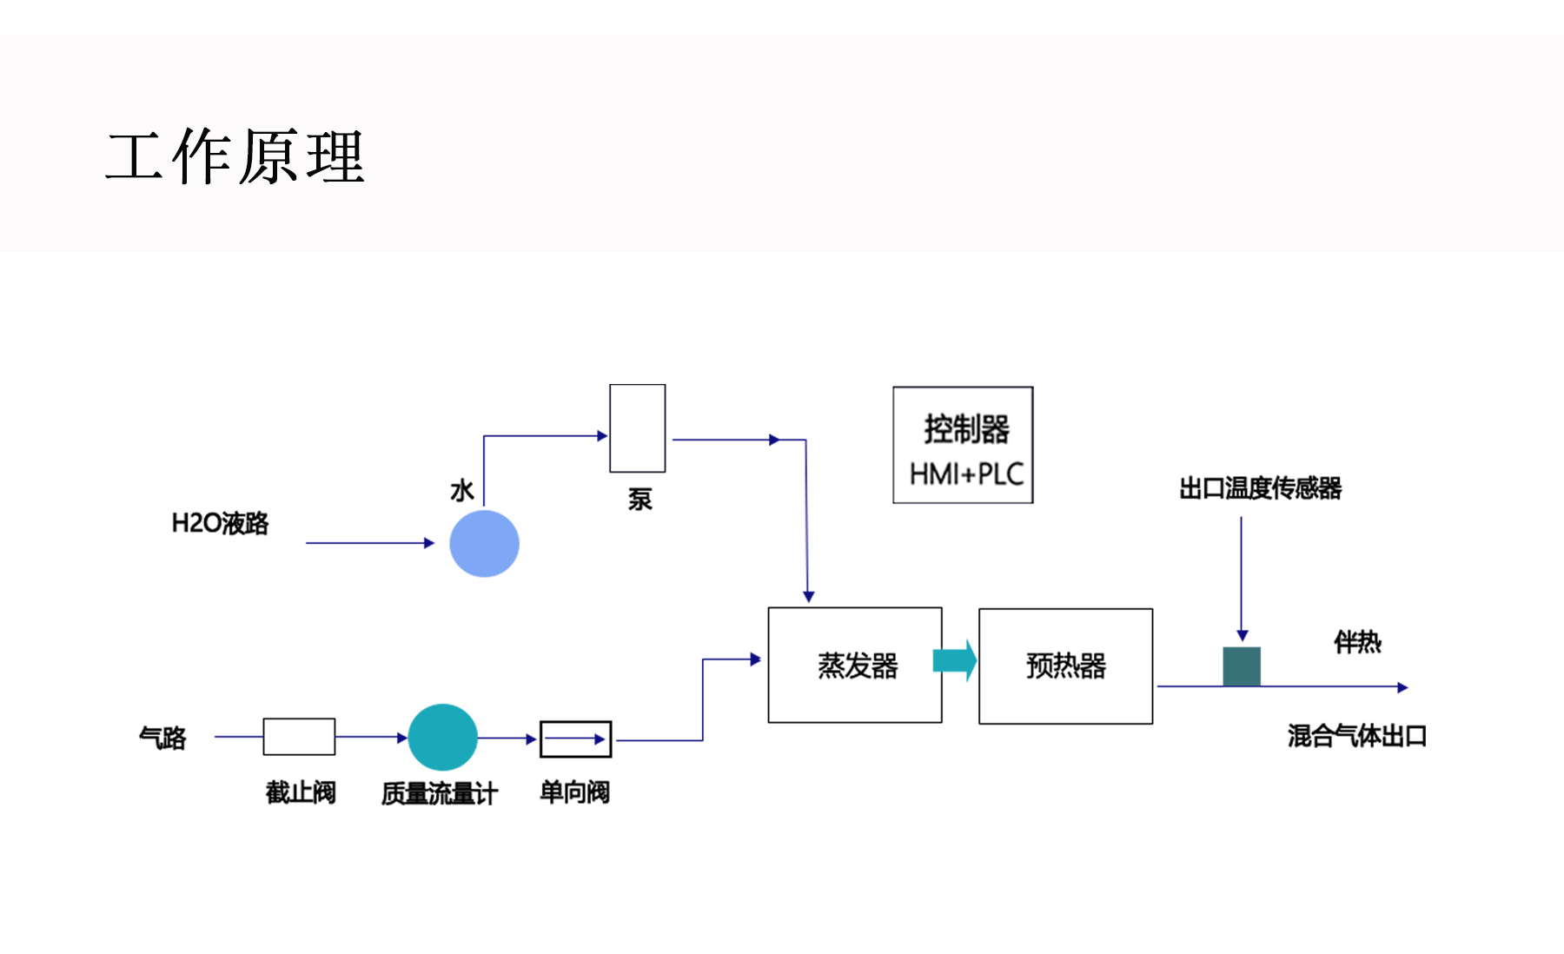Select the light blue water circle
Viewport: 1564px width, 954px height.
pos(484,543)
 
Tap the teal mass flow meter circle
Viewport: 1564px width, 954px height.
pos(442,737)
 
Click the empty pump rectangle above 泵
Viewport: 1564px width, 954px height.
pos(637,428)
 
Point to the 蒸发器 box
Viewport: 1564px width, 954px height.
pos(855,665)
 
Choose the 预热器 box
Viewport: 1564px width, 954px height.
pos(1065,666)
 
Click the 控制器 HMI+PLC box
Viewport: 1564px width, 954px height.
pos(963,445)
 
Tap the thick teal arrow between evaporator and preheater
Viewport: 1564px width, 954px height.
pos(955,661)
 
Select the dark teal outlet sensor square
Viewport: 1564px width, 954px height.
pos(1242,666)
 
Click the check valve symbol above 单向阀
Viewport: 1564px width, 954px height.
pos(575,739)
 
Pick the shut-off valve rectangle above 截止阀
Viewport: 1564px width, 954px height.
pos(299,737)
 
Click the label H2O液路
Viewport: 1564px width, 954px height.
pos(220,523)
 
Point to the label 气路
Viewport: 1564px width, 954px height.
pos(162,738)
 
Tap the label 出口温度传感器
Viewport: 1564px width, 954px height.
pos(1260,488)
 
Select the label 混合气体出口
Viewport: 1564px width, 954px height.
pos(1356,736)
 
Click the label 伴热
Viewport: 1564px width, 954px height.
pos(1357,642)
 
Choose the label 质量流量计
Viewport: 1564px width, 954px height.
pos(439,793)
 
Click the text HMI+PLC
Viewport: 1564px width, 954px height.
pos(966,474)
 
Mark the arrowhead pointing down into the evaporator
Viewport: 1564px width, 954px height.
pos(808,596)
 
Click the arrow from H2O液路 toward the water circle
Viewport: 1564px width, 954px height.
pos(369,543)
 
